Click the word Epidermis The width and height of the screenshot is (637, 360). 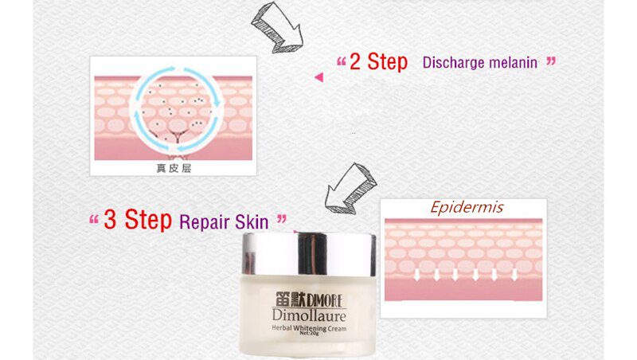467,208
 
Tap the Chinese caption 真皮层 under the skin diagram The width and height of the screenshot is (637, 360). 173,168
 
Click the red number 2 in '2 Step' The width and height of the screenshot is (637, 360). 357,62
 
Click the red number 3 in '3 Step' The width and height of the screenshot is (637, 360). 111,221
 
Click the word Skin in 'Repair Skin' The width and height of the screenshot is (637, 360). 252,221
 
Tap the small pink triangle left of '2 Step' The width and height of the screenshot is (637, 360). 318,77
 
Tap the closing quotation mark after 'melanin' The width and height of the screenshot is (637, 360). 550,61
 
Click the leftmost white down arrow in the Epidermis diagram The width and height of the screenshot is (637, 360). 417,276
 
